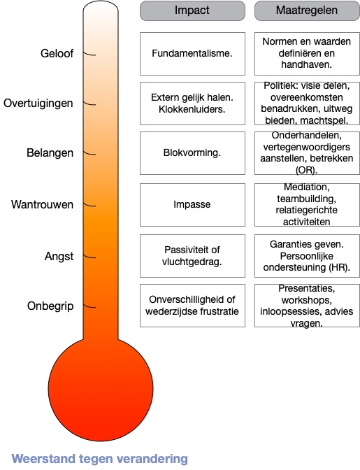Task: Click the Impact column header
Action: [192, 10]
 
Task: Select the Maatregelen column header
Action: [307, 10]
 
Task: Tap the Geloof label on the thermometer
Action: [57, 53]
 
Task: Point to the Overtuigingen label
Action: [38, 103]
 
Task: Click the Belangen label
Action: [50, 153]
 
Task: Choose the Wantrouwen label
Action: [42, 204]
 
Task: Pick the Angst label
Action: [59, 257]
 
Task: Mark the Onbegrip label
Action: [50, 306]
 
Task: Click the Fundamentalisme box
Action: [192, 54]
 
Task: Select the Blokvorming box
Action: [192, 153]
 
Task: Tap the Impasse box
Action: [192, 205]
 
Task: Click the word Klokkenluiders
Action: [192, 109]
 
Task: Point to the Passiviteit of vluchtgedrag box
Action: [192, 256]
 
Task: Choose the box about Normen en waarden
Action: [307, 54]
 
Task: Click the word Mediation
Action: [306, 187]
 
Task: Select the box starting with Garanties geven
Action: [307, 256]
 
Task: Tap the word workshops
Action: [306, 300]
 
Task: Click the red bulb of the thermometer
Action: [101, 389]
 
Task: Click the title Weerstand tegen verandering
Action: [100, 459]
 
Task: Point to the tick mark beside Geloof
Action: [89, 54]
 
